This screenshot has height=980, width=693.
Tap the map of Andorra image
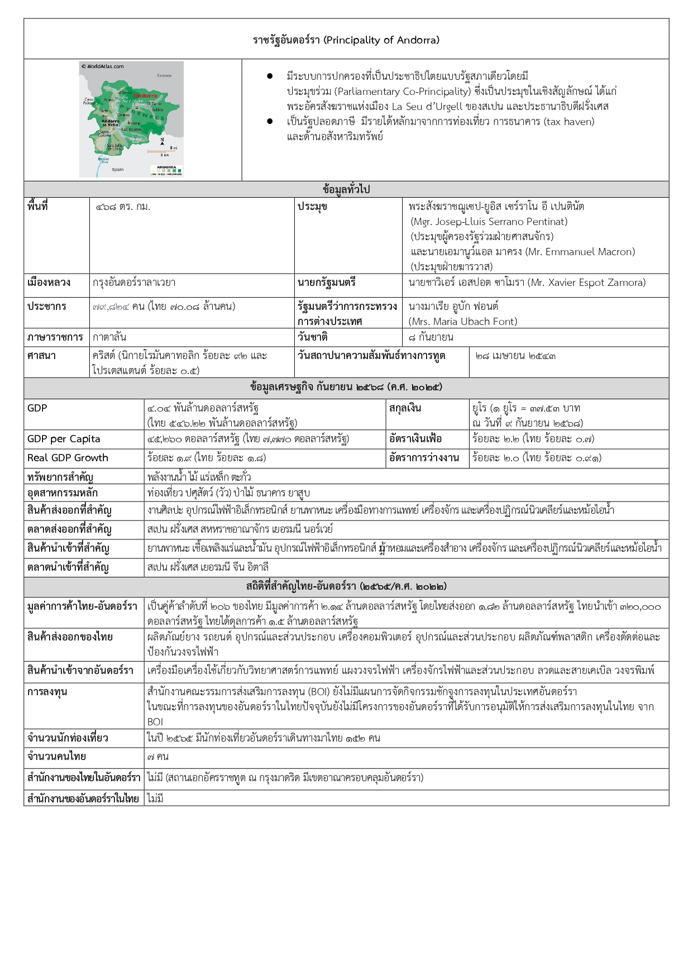pyautogui.click(x=132, y=119)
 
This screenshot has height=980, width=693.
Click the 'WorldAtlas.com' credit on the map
pyautogui.click(x=103, y=66)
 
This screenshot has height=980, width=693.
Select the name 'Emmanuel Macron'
pyautogui.click(x=580, y=251)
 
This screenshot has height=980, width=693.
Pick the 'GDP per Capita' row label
pyautogui.click(x=64, y=439)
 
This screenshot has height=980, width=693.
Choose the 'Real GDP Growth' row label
pyautogui.click(x=68, y=458)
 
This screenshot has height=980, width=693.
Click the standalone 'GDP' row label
pyautogui.click(x=37, y=408)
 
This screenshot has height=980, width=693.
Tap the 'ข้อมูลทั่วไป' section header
pyautogui.click(x=346, y=189)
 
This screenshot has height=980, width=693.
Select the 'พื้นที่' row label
pyautogui.click(x=37, y=206)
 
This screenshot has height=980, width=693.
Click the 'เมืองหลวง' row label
pyautogui.click(x=49, y=283)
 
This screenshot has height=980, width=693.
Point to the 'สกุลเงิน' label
pyautogui.click(x=405, y=408)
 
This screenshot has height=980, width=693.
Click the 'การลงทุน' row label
pyautogui.click(x=47, y=691)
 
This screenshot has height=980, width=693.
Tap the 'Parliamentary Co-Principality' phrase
pyautogui.click(x=403, y=91)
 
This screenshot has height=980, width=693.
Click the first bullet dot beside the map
pyautogui.click(x=270, y=76)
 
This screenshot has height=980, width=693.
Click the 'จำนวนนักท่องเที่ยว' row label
pyautogui.click(x=68, y=738)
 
